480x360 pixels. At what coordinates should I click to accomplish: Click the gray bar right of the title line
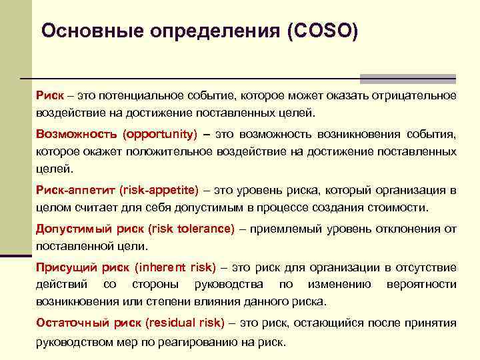[x=407, y=78]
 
